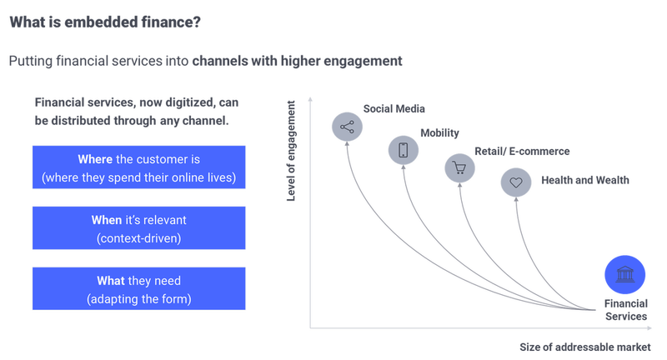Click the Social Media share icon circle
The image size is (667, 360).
click(x=347, y=127)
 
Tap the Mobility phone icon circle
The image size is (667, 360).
click(x=404, y=150)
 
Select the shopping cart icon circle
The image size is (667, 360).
click(x=460, y=167)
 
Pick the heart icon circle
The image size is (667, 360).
click(x=516, y=182)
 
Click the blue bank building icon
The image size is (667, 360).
click(x=624, y=274)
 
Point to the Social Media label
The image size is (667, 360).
click(x=394, y=109)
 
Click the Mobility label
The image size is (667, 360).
click(x=440, y=133)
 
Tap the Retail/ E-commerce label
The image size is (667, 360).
click(x=522, y=152)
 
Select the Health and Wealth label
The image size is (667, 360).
click(x=585, y=180)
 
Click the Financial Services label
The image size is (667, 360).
click(x=626, y=310)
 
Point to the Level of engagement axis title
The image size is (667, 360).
click(x=291, y=151)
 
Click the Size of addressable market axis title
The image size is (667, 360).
click(x=585, y=347)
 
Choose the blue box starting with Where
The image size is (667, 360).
click(x=139, y=167)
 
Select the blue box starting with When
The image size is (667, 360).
click(x=139, y=227)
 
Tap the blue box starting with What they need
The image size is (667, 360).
click(x=139, y=288)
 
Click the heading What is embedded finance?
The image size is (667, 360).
click(x=105, y=22)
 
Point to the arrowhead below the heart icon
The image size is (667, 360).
click(x=516, y=199)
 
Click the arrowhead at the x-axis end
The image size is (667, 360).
click(x=649, y=328)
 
